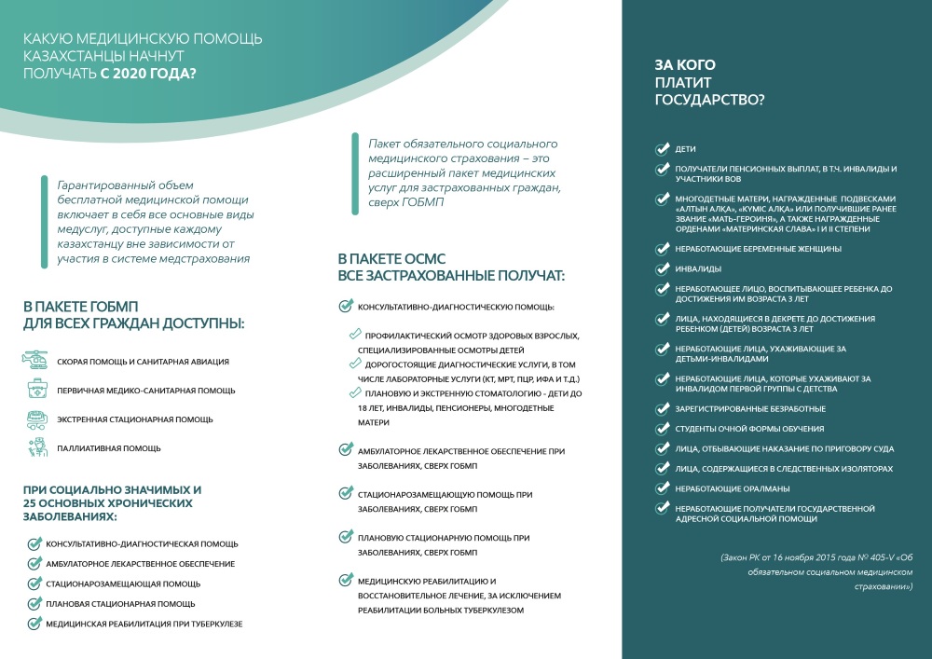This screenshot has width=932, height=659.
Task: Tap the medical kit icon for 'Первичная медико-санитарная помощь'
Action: coord(34,390)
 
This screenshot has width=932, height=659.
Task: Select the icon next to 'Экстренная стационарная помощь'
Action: coord(34,419)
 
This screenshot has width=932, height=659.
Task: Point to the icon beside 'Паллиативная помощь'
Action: coord(34,447)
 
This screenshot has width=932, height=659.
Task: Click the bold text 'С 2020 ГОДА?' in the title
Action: coord(149,74)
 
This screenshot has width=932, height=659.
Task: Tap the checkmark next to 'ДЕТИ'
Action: coord(662,149)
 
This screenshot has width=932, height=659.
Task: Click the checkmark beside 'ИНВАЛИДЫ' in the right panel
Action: coord(662,268)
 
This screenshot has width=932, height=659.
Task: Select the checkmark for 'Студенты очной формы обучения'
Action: coord(662,428)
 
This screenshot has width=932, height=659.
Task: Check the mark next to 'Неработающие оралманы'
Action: coord(662,488)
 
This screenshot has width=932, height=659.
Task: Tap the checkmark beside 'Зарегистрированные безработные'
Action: coord(662,408)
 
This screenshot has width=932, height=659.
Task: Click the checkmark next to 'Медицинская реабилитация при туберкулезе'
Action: coord(34,623)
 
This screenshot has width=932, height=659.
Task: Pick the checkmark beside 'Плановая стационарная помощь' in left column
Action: coord(34,603)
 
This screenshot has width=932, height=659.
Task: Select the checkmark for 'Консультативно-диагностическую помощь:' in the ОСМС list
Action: coord(345,307)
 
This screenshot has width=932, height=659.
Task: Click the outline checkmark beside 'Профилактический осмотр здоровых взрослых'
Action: coord(354,334)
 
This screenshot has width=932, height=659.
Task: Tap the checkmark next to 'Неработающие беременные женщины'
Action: coord(662,249)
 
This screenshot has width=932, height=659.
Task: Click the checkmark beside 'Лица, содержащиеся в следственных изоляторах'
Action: coord(662,468)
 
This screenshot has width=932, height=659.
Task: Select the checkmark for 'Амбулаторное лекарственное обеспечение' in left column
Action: coord(34,563)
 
